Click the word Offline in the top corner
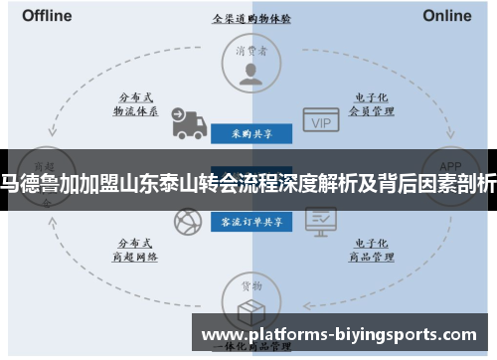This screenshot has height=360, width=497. (x=47, y=15)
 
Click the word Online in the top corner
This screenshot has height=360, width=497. (x=447, y=15)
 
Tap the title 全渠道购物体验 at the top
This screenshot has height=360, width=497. (x=250, y=18)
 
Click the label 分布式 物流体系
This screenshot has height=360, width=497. (x=136, y=105)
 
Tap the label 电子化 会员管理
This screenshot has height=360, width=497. (x=365, y=105)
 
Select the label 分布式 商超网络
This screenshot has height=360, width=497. (x=136, y=249)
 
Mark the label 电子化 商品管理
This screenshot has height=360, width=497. (x=365, y=249)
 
